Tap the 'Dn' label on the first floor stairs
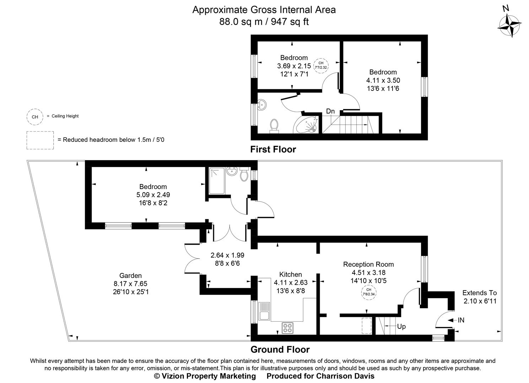pyautogui.click(x=330, y=111)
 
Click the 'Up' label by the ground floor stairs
pyautogui.click(x=401, y=326)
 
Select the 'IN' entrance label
pyautogui.click(x=461, y=320)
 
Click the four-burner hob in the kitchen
pyautogui.click(x=287, y=328)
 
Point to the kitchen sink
pyautogui.click(x=265, y=311)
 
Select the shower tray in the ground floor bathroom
pyautogui.click(x=217, y=181)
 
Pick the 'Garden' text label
pyautogui.click(x=130, y=276)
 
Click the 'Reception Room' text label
pyautogui.click(x=368, y=264)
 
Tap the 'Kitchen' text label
pyautogui.click(x=291, y=274)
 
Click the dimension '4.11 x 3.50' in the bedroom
pyautogui.click(x=383, y=80)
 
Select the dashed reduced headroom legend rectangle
pyautogui.click(x=40, y=140)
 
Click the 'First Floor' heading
pyautogui.click(x=273, y=149)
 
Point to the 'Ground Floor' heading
pyautogui.click(x=280, y=350)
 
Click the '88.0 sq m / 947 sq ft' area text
pyautogui.click(x=264, y=22)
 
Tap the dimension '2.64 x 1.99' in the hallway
pyautogui.click(x=227, y=255)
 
